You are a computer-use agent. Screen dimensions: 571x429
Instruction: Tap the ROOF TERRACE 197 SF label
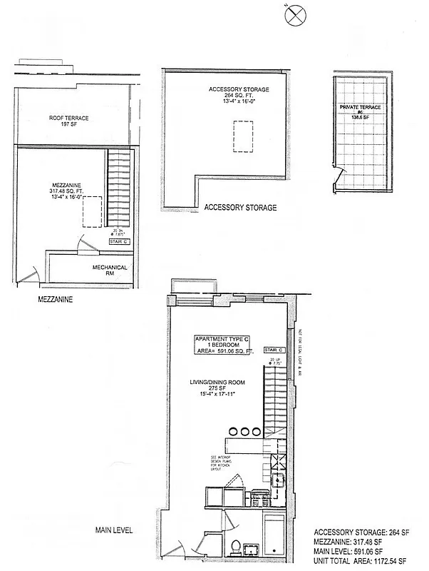pos(68,121)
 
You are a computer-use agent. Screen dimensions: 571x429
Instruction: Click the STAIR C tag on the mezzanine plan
pos(118,242)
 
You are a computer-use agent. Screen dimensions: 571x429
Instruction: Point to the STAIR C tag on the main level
pos(274,350)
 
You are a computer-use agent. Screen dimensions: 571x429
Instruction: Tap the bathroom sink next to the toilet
pos(251,548)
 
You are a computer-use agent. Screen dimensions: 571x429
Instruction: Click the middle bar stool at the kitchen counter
pos(244,431)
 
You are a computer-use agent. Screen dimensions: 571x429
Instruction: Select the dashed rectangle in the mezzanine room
pos(91,212)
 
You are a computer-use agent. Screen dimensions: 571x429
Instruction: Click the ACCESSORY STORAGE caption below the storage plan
pos(240,208)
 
